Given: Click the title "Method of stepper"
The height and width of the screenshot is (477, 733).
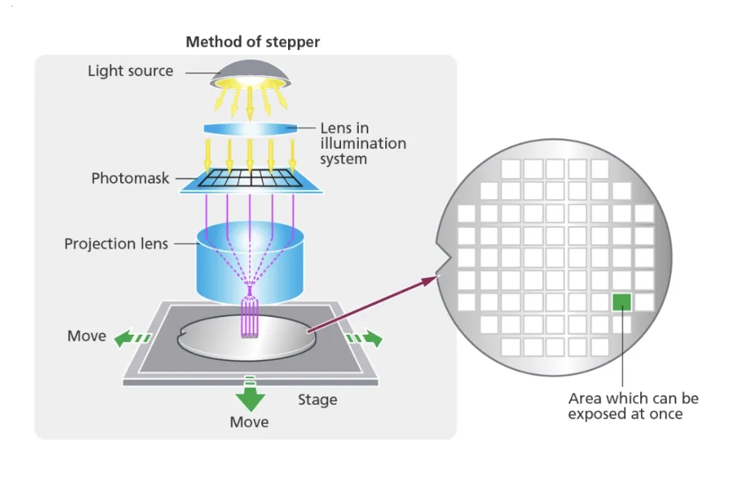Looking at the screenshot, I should (253, 41).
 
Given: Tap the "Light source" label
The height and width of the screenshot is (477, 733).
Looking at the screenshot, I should (130, 72).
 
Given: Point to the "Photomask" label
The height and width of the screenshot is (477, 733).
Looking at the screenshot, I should (130, 178).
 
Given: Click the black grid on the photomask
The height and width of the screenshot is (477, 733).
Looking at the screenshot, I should (250, 178).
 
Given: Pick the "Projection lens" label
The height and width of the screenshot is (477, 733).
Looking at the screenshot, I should (116, 243).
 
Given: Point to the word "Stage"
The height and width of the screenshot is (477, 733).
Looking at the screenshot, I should (318, 400).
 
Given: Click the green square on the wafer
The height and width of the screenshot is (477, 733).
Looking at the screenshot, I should (622, 302).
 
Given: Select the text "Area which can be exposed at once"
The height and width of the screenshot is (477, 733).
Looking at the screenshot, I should (633, 406).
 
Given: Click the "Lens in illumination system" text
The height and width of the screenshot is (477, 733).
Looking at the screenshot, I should (362, 143).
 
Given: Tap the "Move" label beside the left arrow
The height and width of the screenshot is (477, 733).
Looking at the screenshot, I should (87, 336).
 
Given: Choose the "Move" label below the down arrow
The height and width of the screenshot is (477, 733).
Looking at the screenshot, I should (249, 422).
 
